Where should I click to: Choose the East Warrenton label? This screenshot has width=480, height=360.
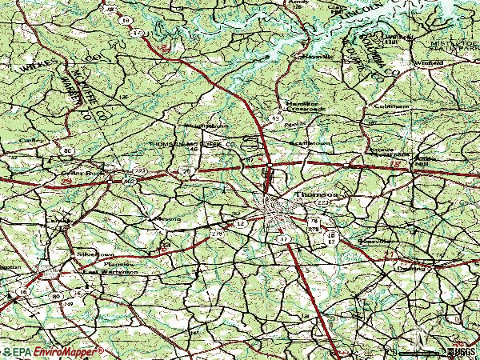coord(112,272)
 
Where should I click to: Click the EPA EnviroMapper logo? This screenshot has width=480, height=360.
coord(53,350)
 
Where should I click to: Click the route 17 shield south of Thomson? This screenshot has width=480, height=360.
coord(282,239)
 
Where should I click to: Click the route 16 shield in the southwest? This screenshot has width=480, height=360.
coord(24,293)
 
